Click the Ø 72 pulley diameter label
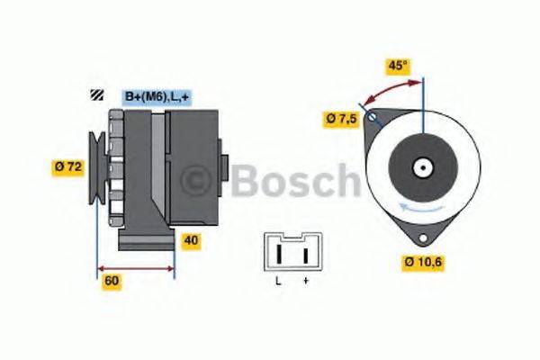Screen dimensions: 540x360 tap(68, 167)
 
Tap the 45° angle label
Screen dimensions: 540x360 tap(398, 66)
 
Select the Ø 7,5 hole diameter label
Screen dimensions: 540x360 tap(342, 119)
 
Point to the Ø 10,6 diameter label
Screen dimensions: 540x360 tap(423, 262)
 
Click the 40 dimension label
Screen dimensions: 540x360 tap(191, 240)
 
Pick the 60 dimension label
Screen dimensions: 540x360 tap(112, 281)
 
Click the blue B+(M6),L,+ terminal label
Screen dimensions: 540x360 tap(157, 97)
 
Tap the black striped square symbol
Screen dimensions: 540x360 tap(97, 94)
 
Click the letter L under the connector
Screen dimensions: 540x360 tap(278, 281)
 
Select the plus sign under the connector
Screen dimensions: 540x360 tap(306, 281)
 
